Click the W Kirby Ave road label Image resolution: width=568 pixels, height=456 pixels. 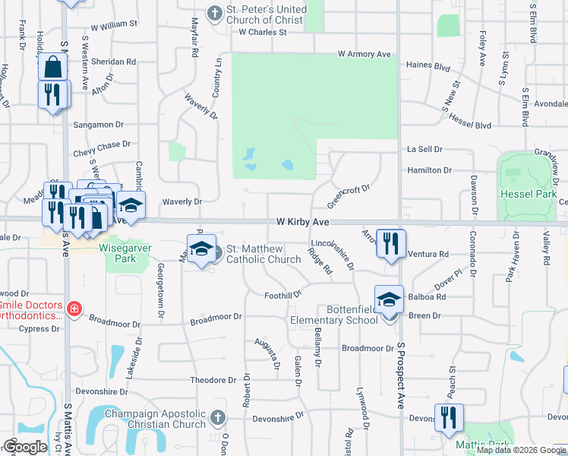(x=301, y=221)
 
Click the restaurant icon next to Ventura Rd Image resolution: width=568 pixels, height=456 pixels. (x=390, y=243)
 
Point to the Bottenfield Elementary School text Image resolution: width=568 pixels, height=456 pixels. (x=333, y=315)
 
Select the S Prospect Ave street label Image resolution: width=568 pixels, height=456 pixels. (x=402, y=381)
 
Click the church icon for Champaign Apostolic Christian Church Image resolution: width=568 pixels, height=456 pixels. (x=217, y=416)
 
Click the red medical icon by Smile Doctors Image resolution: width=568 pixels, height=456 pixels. (x=74, y=308)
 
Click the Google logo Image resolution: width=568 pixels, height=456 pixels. (x=25, y=446)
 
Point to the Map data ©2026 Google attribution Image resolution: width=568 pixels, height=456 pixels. (x=521, y=450)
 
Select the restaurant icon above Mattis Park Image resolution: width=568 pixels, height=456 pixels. (x=448, y=416)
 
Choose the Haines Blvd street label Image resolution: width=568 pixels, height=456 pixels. (x=428, y=65)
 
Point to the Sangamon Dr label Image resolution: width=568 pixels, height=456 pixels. (x=98, y=125)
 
